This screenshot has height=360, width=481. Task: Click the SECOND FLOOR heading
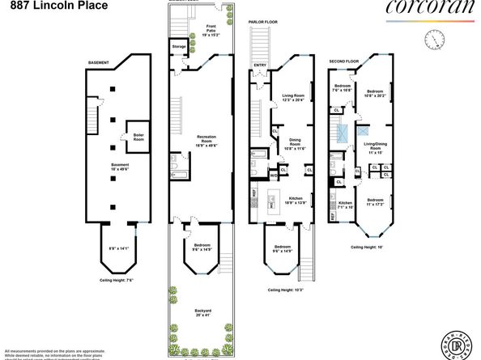(343, 62)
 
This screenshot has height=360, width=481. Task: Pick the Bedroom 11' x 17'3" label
(376, 201)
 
